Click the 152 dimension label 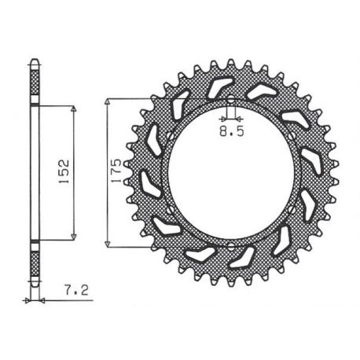pyautogui.click(x=64, y=171)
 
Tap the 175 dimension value pyautogui.click(x=116, y=171)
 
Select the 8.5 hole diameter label pyautogui.click(x=232, y=131)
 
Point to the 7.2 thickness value pyautogui.click(x=76, y=290)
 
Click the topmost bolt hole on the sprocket pyautogui.click(x=230, y=99)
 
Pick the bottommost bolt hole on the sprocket pyautogui.click(x=230, y=246)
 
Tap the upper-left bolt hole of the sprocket pyautogui.click(x=171, y=136)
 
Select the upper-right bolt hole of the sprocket pyautogui.click(x=292, y=136)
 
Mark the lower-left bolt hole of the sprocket pyautogui.click(x=171, y=210)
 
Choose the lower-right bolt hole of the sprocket pyautogui.click(x=292, y=209)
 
